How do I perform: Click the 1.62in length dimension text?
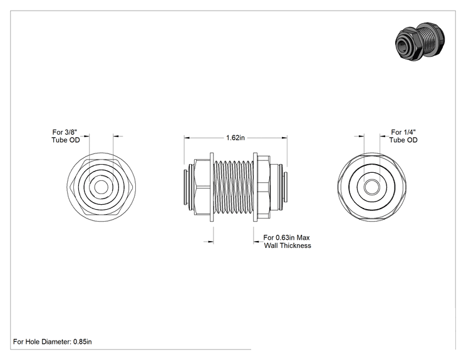236,138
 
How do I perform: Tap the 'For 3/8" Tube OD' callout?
66,136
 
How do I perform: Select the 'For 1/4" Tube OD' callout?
403,136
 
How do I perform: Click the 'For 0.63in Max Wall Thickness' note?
287,242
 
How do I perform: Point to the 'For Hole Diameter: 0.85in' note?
53,342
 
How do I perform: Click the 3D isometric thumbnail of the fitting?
420,41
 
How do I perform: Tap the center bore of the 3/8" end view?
101,187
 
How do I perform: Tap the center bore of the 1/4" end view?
372,187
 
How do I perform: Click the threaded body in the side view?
233,187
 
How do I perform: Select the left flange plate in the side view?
212,187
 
